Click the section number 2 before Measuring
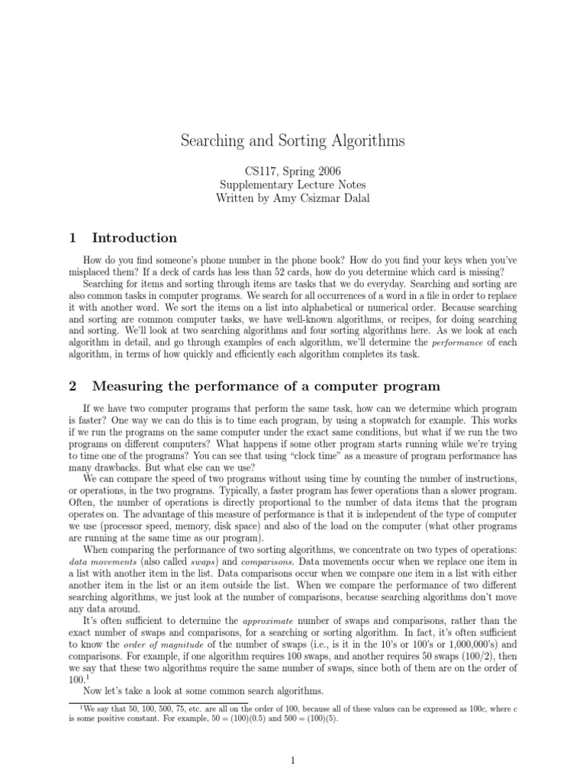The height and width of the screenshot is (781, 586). (x=73, y=386)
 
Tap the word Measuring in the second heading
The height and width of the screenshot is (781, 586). (x=127, y=386)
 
